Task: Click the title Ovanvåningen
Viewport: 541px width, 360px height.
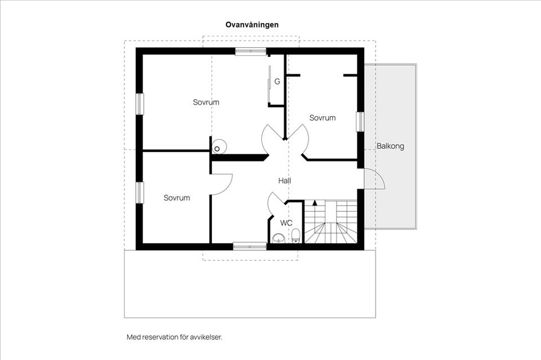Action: coord(252,25)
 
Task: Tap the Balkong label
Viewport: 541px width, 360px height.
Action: coord(390,146)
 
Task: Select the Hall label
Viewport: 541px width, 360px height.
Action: coord(285,181)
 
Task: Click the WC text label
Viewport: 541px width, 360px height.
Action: coord(286,223)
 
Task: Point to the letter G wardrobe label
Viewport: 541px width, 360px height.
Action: coord(277,82)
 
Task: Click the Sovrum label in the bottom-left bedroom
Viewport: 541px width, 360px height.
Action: coord(176,198)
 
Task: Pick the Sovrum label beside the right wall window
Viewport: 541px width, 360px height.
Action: coord(322,118)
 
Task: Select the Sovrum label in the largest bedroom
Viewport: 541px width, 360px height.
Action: coord(206,103)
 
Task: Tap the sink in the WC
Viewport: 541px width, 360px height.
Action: coord(278,238)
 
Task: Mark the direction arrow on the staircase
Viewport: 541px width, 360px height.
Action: coord(314,202)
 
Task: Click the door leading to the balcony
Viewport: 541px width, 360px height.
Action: coord(373,179)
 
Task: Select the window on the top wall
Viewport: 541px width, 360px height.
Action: coord(250,51)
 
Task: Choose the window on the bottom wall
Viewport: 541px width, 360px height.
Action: coord(250,246)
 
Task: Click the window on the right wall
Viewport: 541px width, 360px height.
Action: coord(360,122)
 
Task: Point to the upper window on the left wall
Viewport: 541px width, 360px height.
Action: coord(139,104)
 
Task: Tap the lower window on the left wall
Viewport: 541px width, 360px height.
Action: coord(139,192)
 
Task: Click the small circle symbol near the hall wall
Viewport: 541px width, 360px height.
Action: coord(216,149)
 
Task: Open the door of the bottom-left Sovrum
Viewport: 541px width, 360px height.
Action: coord(221,184)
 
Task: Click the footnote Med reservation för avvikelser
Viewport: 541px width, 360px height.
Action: coord(174,337)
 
